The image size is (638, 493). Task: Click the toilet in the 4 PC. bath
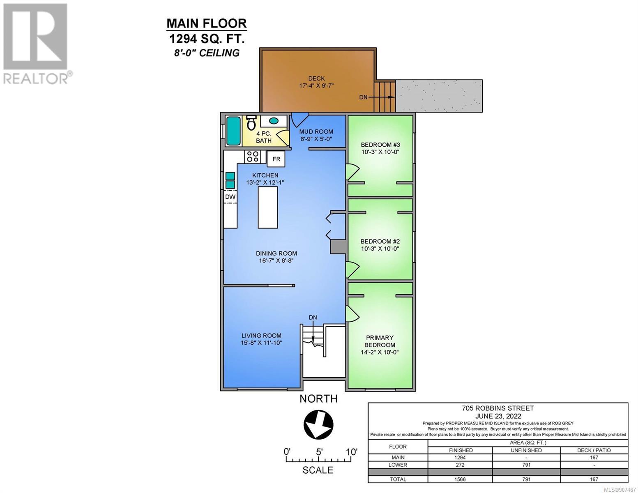251,123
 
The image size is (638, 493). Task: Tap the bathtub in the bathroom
233,131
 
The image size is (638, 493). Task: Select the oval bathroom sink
274,121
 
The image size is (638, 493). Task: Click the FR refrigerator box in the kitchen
276,159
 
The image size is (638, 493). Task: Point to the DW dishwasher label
230,197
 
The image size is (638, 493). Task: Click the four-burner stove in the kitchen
253,157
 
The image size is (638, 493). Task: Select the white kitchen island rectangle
268,207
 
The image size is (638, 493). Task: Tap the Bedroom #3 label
380,145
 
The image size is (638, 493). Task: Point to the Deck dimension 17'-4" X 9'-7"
316,86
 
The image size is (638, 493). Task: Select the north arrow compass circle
318,424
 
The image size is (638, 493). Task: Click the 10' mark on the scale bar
351,452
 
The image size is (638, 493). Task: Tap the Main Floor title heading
207,23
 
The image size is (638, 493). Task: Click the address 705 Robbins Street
498,408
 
